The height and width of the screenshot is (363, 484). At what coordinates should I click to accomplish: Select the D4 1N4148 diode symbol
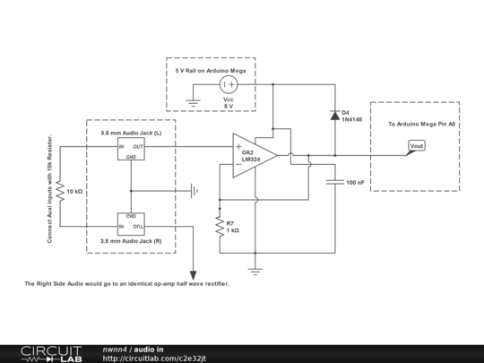335,116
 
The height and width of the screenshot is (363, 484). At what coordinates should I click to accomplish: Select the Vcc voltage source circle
229,85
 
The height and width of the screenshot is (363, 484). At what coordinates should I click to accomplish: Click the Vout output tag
416,146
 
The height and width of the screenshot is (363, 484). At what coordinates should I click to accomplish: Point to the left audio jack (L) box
131,149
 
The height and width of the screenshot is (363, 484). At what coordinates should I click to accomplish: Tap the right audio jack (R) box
131,223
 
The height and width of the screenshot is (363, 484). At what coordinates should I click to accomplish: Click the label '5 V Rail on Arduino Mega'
211,68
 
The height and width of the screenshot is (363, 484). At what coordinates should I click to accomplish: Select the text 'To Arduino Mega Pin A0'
421,124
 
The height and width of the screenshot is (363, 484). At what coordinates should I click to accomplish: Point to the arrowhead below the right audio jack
194,274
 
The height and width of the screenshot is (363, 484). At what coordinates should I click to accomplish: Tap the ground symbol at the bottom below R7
255,269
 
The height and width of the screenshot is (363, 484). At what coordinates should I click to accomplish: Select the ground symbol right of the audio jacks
194,190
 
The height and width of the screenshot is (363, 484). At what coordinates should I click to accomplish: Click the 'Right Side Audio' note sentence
126,283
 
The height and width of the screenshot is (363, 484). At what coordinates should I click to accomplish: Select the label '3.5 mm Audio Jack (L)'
131,132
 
